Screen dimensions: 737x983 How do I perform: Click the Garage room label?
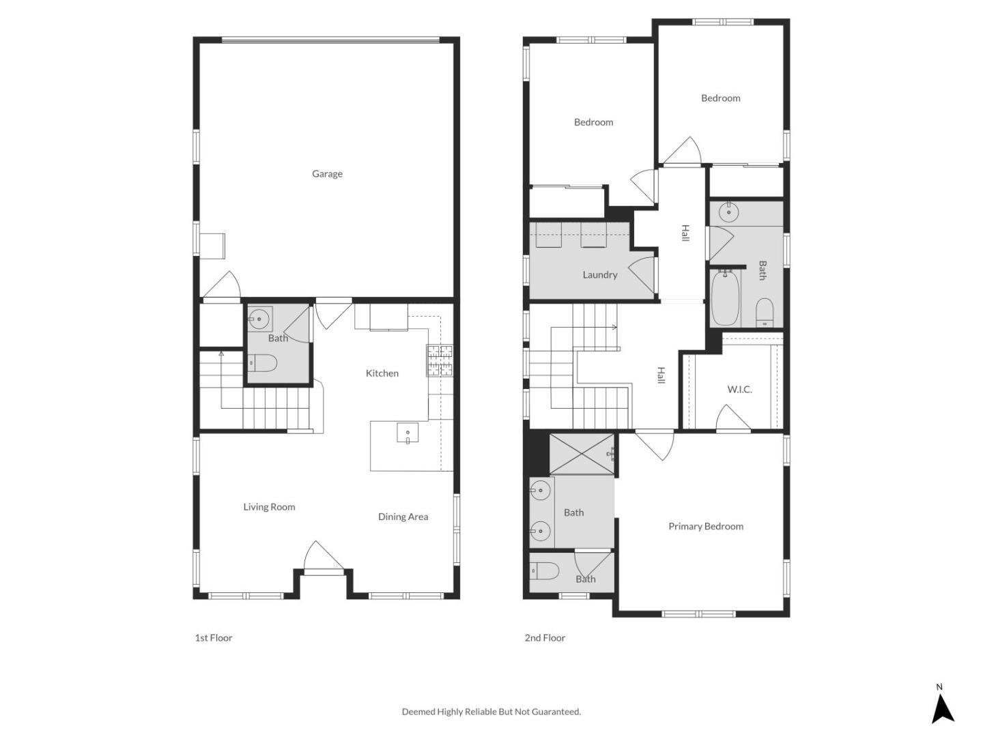327,174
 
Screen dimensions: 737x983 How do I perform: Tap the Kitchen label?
382,373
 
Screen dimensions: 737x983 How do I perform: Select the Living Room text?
269,507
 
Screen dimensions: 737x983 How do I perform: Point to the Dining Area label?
403,517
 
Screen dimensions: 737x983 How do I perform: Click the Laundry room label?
599,275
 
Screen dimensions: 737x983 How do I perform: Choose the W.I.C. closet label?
739,390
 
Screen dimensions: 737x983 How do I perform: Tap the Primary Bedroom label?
705,526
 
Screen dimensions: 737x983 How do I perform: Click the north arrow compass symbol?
942,707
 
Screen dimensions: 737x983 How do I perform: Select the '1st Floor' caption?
214,638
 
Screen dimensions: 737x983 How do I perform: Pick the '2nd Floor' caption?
545,638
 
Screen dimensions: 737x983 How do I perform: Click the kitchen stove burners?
440,361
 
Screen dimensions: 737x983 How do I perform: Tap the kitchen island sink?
408,433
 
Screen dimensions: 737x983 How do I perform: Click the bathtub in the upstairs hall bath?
725,298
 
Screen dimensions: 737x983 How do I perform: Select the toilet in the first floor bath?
263,363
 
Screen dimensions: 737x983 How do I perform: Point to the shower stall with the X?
582,454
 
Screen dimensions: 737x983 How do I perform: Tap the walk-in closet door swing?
732,418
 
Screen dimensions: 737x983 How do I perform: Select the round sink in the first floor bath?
259,317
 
